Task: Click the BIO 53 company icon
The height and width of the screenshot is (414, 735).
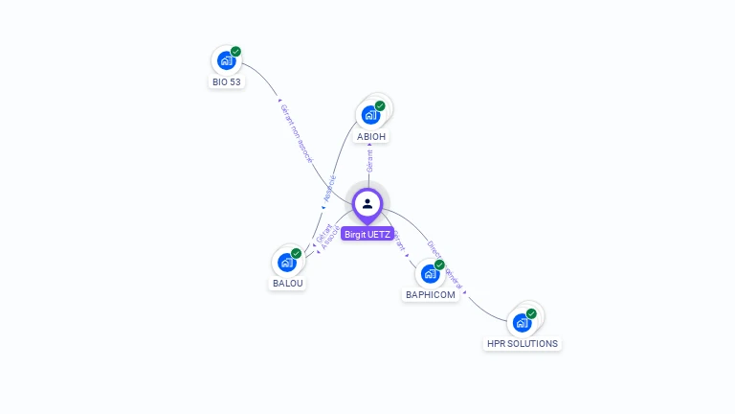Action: click(x=226, y=60)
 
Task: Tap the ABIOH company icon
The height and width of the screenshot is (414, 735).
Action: click(x=370, y=115)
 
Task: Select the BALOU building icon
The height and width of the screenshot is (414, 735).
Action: click(x=286, y=262)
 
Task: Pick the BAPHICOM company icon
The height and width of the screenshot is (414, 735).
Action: click(x=430, y=273)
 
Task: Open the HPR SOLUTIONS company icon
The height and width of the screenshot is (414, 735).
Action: click(x=522, y=322)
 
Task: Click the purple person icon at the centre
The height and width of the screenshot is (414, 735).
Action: click(x=367, y=203)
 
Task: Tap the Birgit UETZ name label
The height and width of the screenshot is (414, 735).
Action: click(x=367, y=234)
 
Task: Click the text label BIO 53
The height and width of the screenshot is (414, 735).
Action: click(x=227, y=82)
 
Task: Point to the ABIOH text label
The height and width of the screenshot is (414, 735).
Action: click(x=371, y=137)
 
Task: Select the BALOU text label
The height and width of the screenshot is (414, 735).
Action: click(x=287, y=284)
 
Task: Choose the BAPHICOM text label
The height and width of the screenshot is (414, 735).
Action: click(x=431, y=295)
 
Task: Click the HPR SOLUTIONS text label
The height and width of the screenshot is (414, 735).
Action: click(x=523, y=344)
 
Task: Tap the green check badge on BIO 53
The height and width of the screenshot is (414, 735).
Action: click(x=235, y=52)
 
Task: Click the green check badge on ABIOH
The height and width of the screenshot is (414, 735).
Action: click(x=380, y=106)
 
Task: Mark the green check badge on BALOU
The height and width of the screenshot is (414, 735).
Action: click(x=296, y=253)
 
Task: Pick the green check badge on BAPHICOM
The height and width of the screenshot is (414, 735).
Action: click(x=439, y=264)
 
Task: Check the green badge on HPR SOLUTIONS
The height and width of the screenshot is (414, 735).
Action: click(x=531, y=313)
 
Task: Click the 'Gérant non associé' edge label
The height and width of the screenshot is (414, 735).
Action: click(x=296, y=133)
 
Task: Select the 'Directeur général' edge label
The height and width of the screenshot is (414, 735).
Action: click(x=445, y=264)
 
